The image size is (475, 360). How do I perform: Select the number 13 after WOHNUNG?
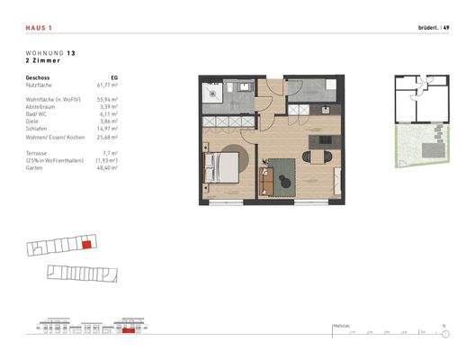tap(70, 54)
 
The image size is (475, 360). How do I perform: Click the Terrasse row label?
tap(39, 154)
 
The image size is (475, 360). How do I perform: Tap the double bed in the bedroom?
tap(225, 167)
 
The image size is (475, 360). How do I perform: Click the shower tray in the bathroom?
tap(217, 92)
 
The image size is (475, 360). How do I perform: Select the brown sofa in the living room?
tap(265, 179)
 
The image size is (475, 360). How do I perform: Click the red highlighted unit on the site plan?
tap(86, 243)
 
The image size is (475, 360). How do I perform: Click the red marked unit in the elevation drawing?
tap(129, 331)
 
